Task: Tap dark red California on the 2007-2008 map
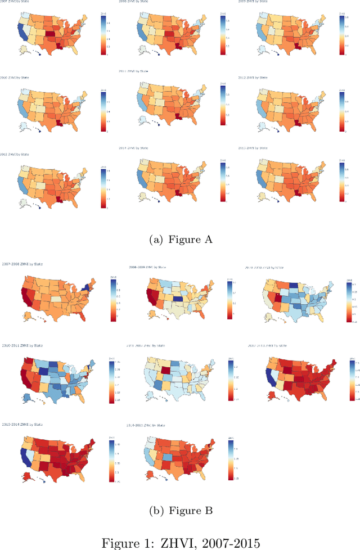click(x=11, y=298)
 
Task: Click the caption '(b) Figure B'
click(x=180, y=511)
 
